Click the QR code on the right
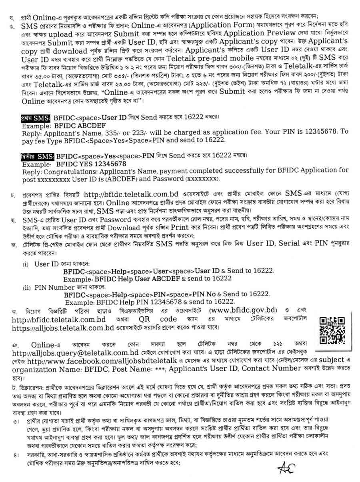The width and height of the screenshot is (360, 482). point(332,330)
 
